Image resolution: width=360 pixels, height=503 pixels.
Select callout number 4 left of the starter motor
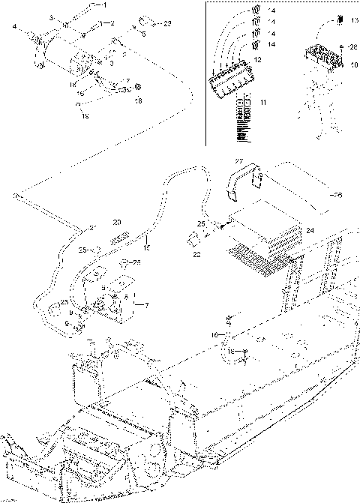(x=14, y=28)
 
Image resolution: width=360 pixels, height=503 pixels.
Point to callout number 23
(x=167, y=24)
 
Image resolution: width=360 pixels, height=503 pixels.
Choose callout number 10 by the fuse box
(x=355, y=64)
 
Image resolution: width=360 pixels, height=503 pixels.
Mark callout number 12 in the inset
(x=257, y=58)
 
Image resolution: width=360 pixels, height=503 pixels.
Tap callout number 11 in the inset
(x=262, y=99)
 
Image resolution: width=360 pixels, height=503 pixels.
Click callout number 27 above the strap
(x=238, y=161)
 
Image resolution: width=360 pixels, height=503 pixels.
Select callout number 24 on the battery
(x=310, y=231)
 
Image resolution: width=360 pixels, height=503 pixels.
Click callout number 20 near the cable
(x=116, y=222)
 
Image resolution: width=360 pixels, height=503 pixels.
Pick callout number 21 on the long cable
(x=93, y=226)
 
